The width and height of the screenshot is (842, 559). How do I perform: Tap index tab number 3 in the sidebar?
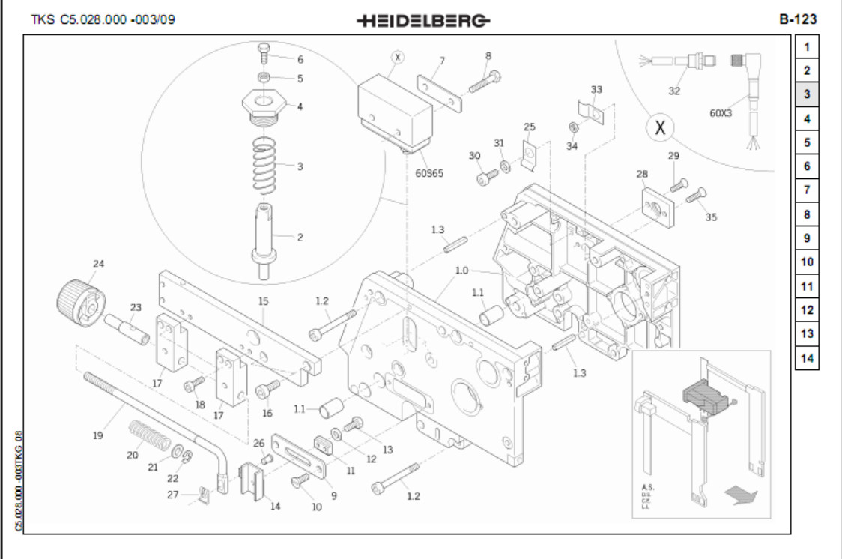[x=807, y=94]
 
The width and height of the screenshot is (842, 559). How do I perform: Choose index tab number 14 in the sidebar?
[x=807, y=358]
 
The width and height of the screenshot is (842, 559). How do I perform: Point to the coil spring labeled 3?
[x=261, y=167]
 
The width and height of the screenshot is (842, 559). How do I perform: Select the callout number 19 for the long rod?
[x=97, y=435]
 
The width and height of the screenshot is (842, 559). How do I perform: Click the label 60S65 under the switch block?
[x=429, y=172]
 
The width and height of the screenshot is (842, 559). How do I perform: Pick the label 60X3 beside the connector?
[x=721, y=113]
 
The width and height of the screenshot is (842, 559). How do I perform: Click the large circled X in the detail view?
[x=659, y=128]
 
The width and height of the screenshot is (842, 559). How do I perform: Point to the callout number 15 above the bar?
[x=263, y=301]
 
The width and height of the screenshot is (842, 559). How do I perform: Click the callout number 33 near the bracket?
[x=596, y=89]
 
